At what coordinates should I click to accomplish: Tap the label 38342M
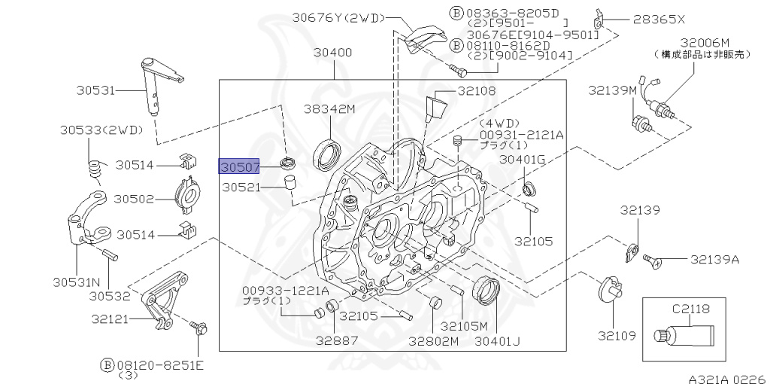click(329, 108)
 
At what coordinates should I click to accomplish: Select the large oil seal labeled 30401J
click(485, 290)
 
